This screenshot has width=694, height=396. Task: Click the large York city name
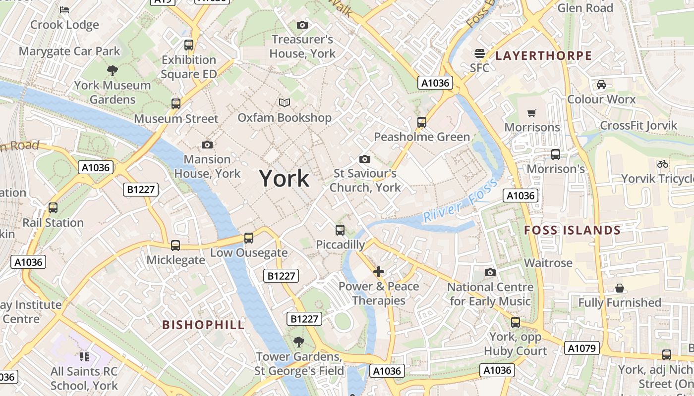pos(284,178)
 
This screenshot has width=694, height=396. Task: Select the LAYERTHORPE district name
pos(544,55)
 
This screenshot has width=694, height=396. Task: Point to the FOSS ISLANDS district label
pos(572,230)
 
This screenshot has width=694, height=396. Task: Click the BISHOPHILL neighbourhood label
pos(204,325)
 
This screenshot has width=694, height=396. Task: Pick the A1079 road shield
pos(582,348)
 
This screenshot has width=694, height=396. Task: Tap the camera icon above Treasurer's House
pos(302,25)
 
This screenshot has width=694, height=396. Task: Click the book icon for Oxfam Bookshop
pos(285,102)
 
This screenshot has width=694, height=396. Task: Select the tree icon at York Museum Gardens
pos(113,70)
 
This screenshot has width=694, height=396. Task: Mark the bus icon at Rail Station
pos(53,208)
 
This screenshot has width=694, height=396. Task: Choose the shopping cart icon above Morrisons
pos(532,113)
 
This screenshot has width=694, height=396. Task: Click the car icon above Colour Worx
pos(601,85)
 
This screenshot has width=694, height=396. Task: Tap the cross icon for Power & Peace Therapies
pos(379,272)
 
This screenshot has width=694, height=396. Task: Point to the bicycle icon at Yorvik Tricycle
pos(662,164)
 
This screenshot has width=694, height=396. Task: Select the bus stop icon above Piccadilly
pos(340,230)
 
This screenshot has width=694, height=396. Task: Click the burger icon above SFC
pos(479,53)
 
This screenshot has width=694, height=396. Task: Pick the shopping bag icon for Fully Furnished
pos(620,288)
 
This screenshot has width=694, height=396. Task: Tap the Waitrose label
pos(548,263)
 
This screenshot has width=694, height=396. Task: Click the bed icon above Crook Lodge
pos(64,9)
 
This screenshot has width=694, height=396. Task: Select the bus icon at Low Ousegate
pos(249,238)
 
